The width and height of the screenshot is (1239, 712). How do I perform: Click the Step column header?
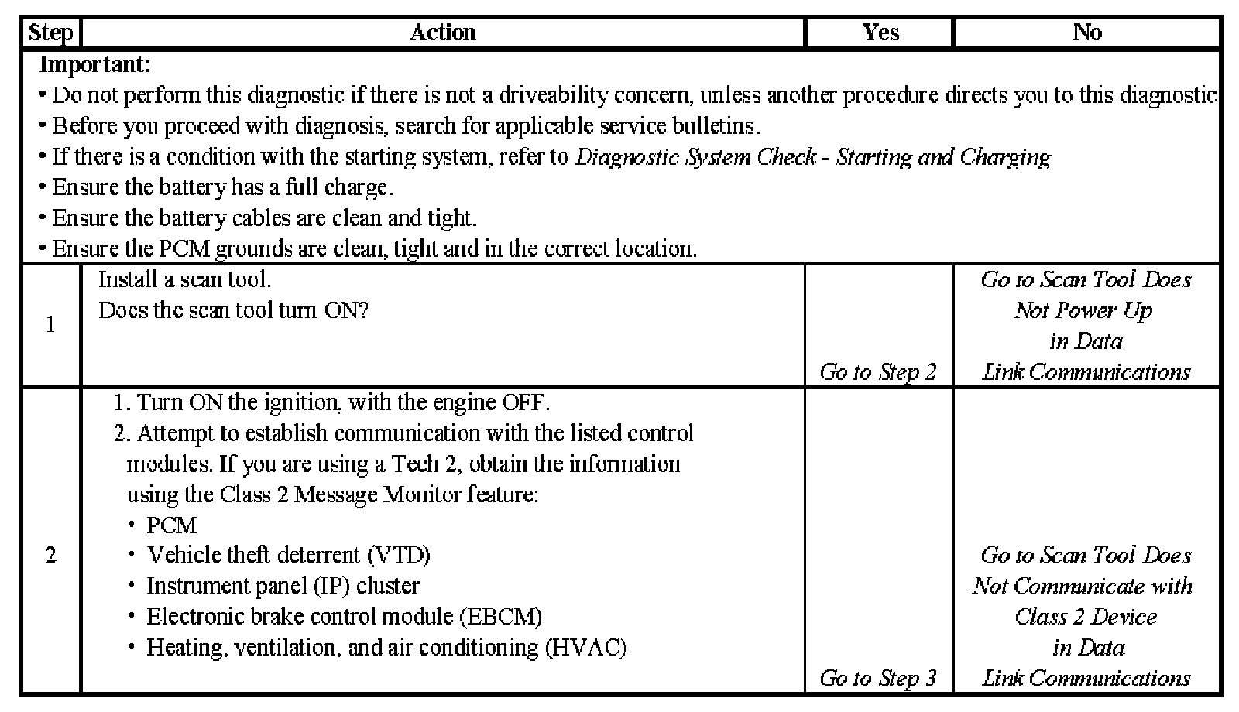(50, 33)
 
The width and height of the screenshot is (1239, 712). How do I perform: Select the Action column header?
(442, 33)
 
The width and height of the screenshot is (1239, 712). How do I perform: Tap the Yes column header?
(880, 33)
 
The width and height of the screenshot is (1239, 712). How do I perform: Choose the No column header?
(1086, 33)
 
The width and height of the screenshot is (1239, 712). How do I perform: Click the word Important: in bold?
(94, 64)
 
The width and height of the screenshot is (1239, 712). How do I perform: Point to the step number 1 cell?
(50, 325)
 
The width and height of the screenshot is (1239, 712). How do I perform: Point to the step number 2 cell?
(50, 556)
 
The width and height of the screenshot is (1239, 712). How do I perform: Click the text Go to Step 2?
(878, 372)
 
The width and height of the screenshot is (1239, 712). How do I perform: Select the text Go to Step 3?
(878, 679)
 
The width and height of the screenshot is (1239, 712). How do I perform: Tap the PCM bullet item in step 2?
(172, 525)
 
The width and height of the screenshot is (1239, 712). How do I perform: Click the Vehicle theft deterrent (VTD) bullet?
(288, 555)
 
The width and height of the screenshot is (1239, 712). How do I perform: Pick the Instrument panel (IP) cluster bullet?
(283, 586)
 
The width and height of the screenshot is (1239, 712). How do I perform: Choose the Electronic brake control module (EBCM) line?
(344, 617)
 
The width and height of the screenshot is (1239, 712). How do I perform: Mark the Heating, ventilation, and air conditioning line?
(386, 647)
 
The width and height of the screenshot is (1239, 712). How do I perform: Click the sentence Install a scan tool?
(184, 279)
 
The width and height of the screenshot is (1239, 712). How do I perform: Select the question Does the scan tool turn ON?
(233, 310)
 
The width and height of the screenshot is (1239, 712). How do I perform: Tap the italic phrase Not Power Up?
(1083, 310)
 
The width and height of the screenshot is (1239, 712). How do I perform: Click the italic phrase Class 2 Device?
(1086, 617)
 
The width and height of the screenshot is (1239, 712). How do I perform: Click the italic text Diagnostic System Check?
(695, 157)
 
